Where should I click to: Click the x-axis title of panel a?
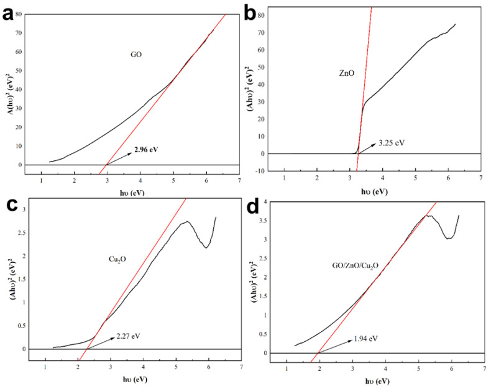click(x=132, y=193)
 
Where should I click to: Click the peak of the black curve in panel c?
click(x=186, y=221)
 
